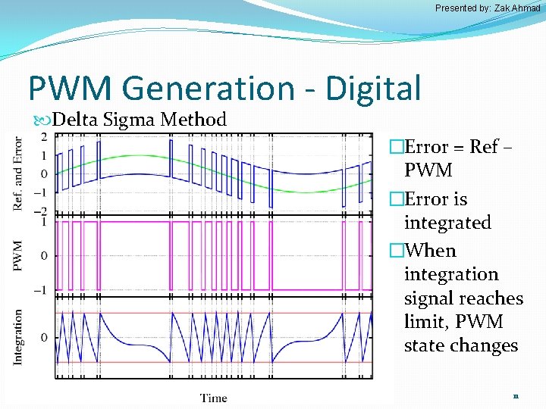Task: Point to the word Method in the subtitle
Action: point(200,120)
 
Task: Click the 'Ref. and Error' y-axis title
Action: point(18,173)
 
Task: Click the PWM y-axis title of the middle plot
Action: point(18,255)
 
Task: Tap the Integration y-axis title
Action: point(18,336)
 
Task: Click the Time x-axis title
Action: point(213,398)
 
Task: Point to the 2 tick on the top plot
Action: point(44,137)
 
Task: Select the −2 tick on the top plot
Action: point(42,211)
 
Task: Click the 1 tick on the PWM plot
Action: point(44,222)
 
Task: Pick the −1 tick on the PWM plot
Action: point(42,290)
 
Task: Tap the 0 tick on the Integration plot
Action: point(44,337)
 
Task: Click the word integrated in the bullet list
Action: point(447,223)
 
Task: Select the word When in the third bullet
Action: point(430,251)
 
